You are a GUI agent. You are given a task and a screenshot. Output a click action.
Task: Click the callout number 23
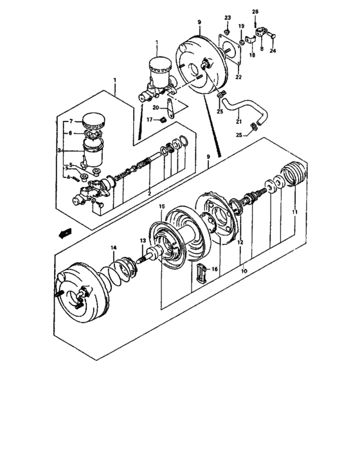[x=227, y=17]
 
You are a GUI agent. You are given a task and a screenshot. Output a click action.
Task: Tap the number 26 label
[x=255, y=12]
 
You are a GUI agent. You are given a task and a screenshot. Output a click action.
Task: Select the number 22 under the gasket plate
[x=239, y=77]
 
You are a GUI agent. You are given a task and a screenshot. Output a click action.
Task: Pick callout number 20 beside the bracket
[x=156, y=107]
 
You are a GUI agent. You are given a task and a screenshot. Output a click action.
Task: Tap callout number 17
[x=148, y=119]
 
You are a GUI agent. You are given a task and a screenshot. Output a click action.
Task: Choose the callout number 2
[x=150, y=193]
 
